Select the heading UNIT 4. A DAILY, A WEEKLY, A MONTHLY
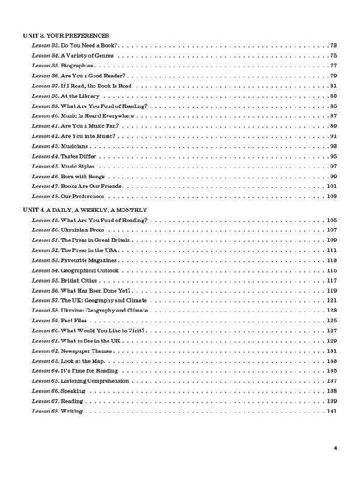click(85, 209)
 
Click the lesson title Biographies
click(77, 65)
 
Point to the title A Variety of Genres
click(88, 55)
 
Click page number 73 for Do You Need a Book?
click(334, 46)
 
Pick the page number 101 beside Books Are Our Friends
click(332, 186)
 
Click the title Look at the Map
click(82, 361)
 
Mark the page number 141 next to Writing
click(332, 411)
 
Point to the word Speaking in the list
click(73, 391)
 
